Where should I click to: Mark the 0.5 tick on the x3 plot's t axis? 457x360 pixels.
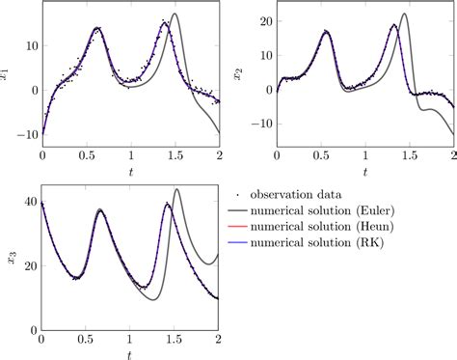coord(85,339)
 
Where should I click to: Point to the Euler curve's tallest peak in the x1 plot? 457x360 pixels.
coord(175,14)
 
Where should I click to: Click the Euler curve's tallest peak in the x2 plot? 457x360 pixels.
coord(404,14)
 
